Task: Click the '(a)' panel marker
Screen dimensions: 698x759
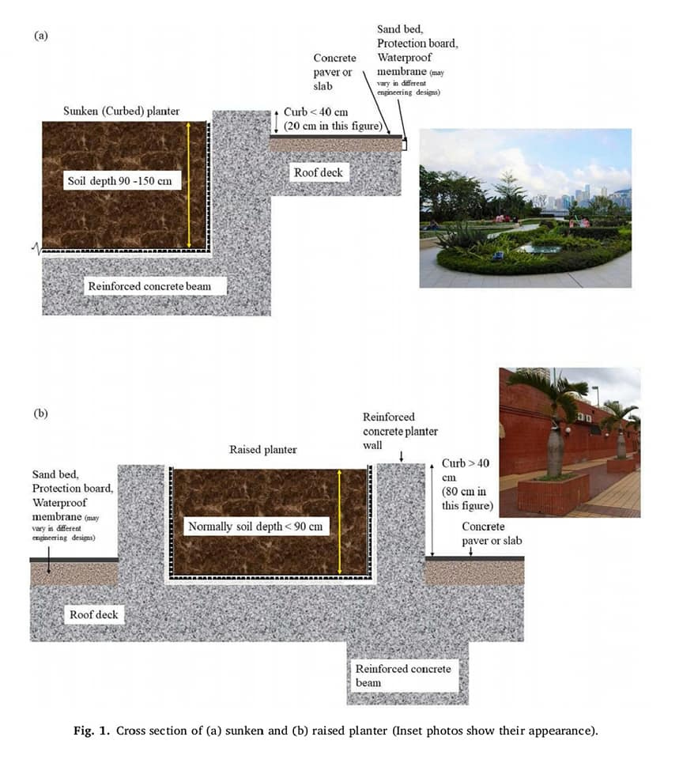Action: (x=41, y=36)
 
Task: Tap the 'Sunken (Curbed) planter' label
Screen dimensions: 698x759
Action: (x=121, y=111)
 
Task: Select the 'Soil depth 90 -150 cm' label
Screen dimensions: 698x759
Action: (x=119, y=182)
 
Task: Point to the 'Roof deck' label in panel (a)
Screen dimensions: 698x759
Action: (x=319, y=173)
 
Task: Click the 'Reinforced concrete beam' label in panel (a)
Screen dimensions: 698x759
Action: (x=149, y=285)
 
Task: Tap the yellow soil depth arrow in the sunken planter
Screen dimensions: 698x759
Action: (x=189, y=186)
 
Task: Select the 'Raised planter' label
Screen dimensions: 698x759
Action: (x=263, y=450)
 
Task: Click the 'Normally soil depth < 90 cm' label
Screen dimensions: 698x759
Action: (x=255, y=527)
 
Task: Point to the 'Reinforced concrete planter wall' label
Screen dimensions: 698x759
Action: (x=400, y=431)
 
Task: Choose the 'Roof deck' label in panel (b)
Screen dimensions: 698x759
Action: (x=94, y=614)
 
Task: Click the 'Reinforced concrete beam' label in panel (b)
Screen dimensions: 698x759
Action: (x=403, y=675)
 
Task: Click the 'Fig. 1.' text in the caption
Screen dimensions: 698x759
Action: (x=92, y=731)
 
